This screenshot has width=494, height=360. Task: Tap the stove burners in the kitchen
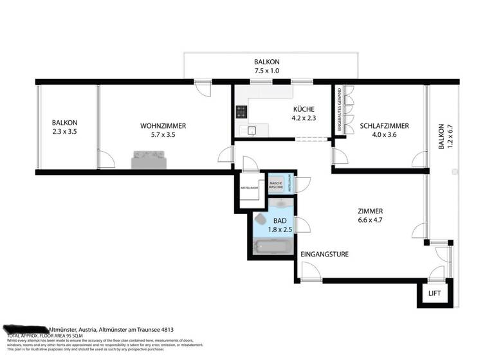coord(242,112)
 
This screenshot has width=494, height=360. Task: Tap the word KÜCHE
coord(304,109)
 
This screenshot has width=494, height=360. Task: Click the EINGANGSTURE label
coord(325,254)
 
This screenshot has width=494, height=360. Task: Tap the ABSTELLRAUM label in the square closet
coord(250,188)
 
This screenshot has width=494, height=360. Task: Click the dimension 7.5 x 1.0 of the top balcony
coord(266,71)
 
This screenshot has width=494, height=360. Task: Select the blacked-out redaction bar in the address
coord(26,328)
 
